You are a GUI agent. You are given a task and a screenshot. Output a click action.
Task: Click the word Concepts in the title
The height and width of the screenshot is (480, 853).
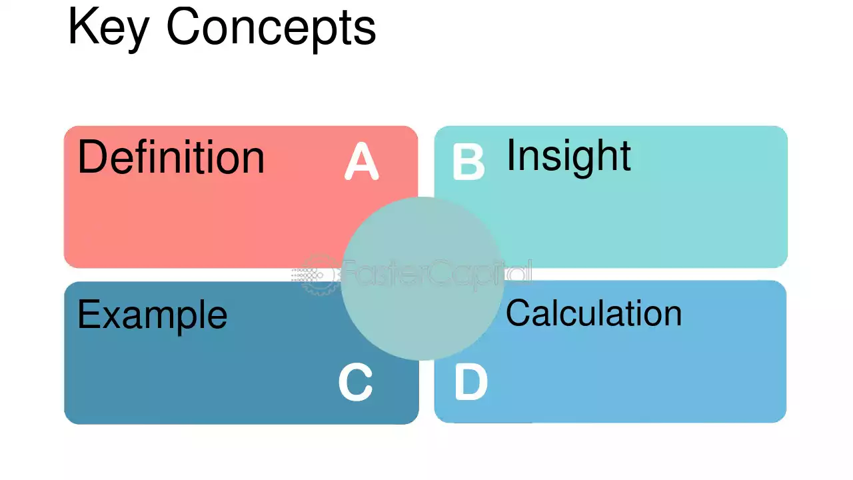click(271, 29)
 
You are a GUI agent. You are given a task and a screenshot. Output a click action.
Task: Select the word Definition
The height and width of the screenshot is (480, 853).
click(171, 157)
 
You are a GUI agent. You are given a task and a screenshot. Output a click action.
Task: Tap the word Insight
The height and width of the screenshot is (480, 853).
click(568, 157)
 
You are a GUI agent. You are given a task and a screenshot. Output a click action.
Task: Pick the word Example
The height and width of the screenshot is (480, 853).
click(153, 316)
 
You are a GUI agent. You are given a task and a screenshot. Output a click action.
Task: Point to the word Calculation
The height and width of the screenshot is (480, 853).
click(594, 313)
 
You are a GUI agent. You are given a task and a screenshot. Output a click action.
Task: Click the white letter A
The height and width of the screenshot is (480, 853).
click(361, 161)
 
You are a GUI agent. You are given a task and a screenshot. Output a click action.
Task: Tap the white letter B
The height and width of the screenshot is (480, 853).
click(468, 161)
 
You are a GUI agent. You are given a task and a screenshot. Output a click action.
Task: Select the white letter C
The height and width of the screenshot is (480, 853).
click(355, 382)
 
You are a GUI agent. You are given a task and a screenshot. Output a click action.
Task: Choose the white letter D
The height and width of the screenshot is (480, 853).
click(470, 382)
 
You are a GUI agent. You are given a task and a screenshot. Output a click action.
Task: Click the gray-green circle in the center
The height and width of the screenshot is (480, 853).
click(423, 279)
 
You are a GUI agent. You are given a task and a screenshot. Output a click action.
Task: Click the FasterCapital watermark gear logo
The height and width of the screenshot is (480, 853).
click(318, 274)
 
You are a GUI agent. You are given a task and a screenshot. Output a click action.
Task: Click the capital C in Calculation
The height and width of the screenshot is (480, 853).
click(518, 313)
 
